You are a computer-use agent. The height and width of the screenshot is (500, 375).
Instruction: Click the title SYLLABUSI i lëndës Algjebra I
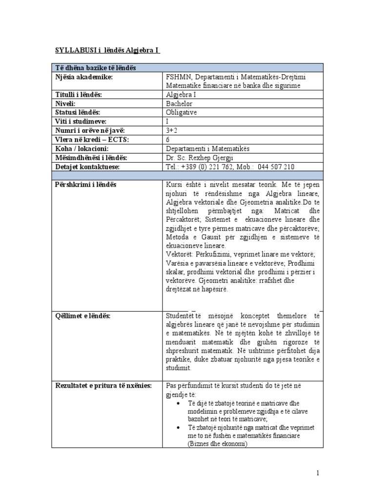[106, 50]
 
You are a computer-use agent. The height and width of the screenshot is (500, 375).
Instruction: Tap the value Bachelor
[179, 104]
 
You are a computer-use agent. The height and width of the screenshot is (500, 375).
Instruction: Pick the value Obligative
[181, 112]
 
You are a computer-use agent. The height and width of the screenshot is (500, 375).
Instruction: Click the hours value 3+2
[173, 130]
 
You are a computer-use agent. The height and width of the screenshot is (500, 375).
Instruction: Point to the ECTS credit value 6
[168, 139]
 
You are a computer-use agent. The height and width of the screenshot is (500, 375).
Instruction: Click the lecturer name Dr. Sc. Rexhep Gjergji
[200, 157]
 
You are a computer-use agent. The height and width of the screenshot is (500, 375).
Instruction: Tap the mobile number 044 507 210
[275, 167]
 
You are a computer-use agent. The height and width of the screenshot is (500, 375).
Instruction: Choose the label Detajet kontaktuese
[88, 167]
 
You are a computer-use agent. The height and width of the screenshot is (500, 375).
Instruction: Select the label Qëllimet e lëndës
[83, 316]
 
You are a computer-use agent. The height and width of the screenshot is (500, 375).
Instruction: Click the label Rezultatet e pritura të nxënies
[104, 386]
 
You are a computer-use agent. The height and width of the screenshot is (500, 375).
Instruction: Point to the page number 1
[317, 473]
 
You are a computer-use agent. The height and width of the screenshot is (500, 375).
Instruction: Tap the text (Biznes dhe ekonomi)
[217, 443]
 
